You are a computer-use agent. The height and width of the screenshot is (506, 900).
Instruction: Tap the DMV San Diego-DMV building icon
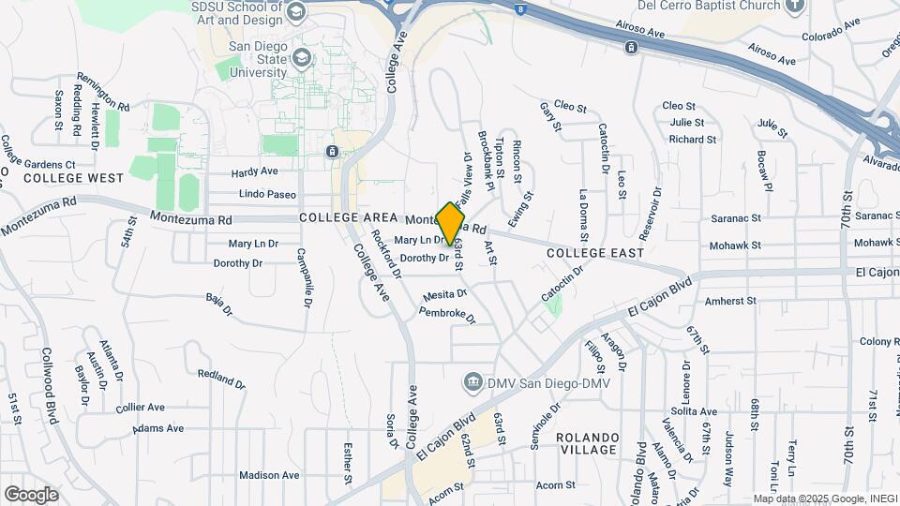(x=473, y=382)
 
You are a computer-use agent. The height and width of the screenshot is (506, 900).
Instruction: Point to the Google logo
(x=31, y=494)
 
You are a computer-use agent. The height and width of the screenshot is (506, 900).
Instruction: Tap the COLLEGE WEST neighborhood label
(x=74, y=178)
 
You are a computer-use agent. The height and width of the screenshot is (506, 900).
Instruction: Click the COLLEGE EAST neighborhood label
(x=594, y=253)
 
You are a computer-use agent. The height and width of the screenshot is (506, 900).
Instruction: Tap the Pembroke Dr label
(x=448, y=316)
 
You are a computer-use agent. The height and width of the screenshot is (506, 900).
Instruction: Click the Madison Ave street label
(x=270, y=474)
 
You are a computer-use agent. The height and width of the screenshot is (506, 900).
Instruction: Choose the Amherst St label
(x=730, y=301)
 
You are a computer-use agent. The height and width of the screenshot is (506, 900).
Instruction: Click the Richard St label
(x=693, y=140)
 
